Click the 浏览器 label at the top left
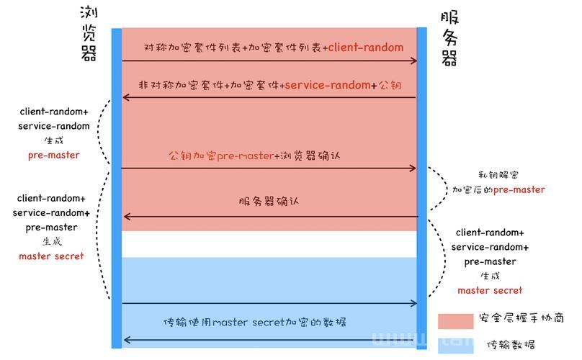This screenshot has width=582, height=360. (x=89, y=34)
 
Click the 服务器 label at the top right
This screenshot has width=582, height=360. (x=449, y=39)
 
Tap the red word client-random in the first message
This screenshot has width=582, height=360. (x=366, y=48)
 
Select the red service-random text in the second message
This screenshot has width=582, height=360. (x=328, y=86)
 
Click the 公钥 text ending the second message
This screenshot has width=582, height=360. (x=390, y=86)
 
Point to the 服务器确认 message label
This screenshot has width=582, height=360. (x=269, y=202)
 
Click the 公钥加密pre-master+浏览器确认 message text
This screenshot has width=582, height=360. (x=254, y=156)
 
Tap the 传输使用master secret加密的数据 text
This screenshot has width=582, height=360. (x=255, y=322)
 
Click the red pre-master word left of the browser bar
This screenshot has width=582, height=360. (x=54, y=155)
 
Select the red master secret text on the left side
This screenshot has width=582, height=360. (x=51, y=256)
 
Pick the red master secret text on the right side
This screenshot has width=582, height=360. (x=490, y=290)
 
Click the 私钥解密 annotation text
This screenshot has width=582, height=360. (x=498, y=175)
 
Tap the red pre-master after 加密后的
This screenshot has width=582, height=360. (x=519, y=189)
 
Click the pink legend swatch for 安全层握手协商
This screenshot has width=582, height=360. (x=455, y=321)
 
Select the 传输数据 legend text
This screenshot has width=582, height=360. (x=511, y=345)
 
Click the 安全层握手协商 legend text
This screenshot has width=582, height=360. (x=521, y=318)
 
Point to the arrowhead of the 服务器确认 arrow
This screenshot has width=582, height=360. (x=126, y=217)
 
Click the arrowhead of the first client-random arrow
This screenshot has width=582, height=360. (x=413, y=61)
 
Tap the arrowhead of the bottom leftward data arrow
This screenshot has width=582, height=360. (x=126, y=340)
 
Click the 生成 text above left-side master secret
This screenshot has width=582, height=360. (x=52, y=242)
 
